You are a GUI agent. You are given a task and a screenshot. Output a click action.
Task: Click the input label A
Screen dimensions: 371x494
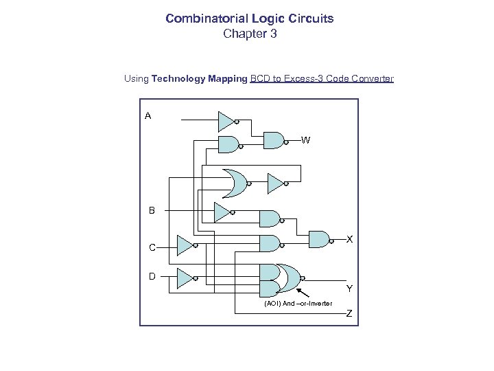148,116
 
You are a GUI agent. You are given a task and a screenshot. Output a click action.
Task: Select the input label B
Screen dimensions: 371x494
152,210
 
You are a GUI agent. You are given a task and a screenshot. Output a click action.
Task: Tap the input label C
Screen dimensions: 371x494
152,247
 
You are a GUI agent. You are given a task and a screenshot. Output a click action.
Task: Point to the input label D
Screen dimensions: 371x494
152,276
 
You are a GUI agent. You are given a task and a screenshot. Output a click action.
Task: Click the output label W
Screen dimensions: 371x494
305,140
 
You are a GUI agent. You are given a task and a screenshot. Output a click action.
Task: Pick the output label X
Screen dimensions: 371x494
349,239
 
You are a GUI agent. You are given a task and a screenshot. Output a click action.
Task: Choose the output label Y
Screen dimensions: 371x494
349,288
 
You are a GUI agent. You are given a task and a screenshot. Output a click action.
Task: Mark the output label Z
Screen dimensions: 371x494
349,314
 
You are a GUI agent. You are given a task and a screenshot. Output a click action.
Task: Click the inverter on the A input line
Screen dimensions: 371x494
226,122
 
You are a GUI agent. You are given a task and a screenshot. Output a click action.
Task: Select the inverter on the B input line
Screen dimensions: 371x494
222,212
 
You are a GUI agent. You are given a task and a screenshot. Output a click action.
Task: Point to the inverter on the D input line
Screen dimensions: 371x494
185,278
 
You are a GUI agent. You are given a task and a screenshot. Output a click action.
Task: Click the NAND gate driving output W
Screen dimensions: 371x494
274,140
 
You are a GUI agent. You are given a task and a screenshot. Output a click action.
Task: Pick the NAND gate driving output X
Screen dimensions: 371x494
319,239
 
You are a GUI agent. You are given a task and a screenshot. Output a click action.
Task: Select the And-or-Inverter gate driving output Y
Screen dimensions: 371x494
281,278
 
